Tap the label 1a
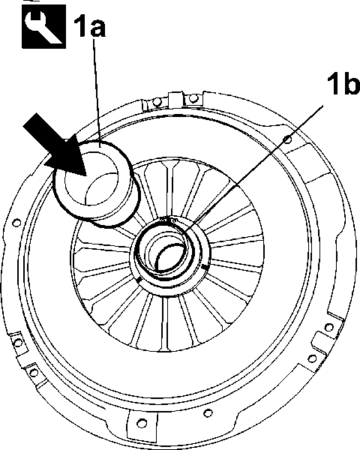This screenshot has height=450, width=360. coord(89,25)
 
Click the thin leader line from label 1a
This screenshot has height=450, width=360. coord(97,93)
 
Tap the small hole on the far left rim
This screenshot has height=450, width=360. coord(16,223)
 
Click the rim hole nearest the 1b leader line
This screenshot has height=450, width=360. coord(287,139)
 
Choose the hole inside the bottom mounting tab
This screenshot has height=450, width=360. coord(140,423)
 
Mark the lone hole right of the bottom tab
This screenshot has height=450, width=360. coord(208,413)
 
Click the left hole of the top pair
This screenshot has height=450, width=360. coord(157,102)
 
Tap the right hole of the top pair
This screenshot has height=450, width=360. coord(193,98)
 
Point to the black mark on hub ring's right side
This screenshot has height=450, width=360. coord(205,267)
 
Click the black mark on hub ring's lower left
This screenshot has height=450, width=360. coord(139,280)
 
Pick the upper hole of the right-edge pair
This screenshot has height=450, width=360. coord(328,327)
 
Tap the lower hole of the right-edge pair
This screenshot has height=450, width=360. coord(312,358)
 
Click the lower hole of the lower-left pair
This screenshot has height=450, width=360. coord(34,373)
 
